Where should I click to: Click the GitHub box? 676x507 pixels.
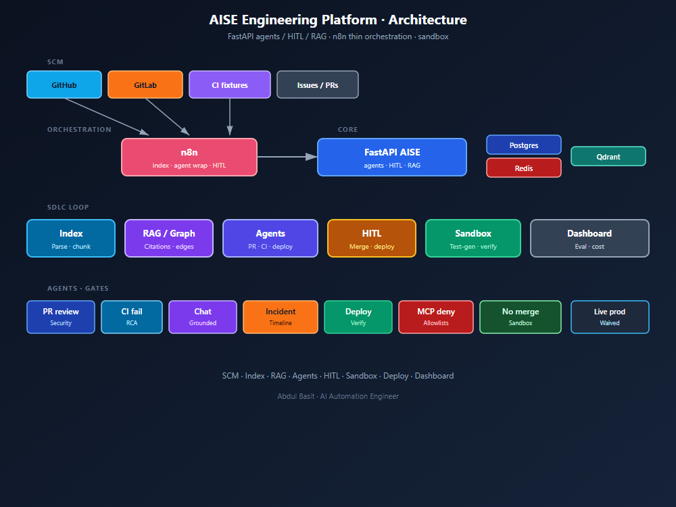(64, 84)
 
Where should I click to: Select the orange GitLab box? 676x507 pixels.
(145, 84)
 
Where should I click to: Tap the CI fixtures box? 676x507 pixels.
(230, 84)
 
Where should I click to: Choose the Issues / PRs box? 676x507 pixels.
(317, 84)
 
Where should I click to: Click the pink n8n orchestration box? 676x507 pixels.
(189, 157)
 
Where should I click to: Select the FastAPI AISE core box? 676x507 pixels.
(392, 157)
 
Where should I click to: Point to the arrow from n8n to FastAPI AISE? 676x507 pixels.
(287, 157)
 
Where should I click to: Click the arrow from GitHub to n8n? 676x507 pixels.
(107, 117)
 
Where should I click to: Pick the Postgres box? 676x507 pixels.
(524, 145)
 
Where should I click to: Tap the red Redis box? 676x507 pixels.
(524, 168)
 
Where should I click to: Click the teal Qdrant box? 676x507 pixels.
(608, 156)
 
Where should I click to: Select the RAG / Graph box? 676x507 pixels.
(169, 239)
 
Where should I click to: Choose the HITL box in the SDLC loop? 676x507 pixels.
(372, 239)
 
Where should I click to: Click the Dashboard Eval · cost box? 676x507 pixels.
(589, 239)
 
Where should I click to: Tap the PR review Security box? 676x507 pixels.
(61, 317)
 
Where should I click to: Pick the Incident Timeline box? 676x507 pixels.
(281, 317)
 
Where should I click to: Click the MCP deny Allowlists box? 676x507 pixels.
(436, 317)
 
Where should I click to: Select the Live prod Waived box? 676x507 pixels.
(610, 317)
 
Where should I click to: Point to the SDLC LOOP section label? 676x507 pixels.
(68, 208)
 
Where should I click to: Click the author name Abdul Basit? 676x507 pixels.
(296, 396)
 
